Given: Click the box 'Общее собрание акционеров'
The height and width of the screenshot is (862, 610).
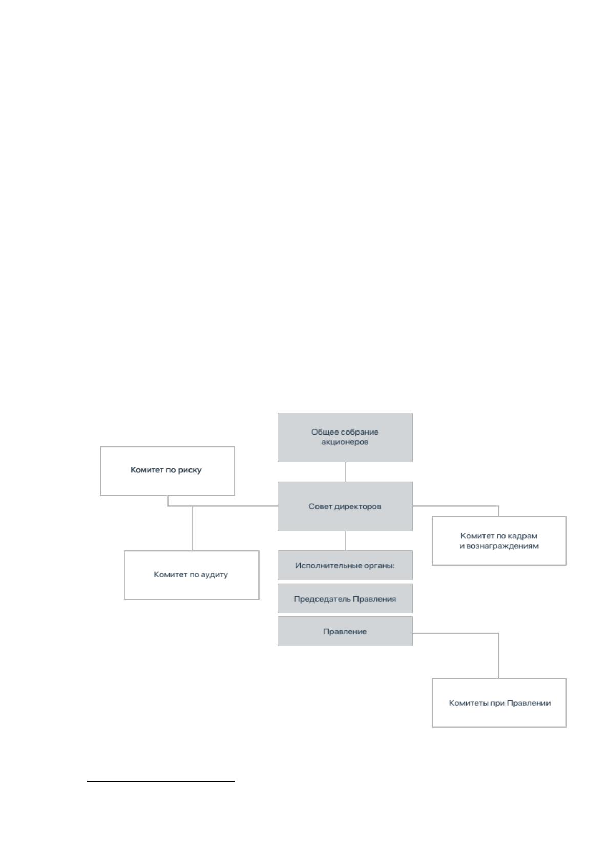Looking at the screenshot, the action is [x=345, y=437].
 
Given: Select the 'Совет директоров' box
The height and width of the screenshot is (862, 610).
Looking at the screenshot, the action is [x=345, y=506].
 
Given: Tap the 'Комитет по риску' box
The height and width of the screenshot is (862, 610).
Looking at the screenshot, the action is [x=167, y=471].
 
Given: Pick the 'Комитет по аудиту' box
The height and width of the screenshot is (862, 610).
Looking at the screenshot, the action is [x=192, y=575].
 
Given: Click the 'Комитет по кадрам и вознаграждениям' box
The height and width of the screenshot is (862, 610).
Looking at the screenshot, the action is [x=499, y=541].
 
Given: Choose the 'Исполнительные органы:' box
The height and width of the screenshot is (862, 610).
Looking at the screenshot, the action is [x=345, y=565].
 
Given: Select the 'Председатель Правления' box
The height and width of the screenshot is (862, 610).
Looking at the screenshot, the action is [x=345, y=599].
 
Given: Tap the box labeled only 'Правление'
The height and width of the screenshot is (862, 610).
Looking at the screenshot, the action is [x=345, y=632].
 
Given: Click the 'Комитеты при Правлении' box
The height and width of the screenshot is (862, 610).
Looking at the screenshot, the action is [x=499, y=703].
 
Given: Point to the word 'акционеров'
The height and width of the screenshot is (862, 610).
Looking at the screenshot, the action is [x=345, y=442].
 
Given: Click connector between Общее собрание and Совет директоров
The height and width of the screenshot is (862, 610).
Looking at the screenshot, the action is [x=345, y=472].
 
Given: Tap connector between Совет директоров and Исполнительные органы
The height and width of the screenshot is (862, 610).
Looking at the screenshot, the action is [x=345, y=541].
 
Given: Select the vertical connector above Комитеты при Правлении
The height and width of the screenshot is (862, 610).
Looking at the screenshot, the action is [x=499, y=656].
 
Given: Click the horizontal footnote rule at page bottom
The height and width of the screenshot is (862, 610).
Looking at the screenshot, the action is [x=161, y=781].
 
